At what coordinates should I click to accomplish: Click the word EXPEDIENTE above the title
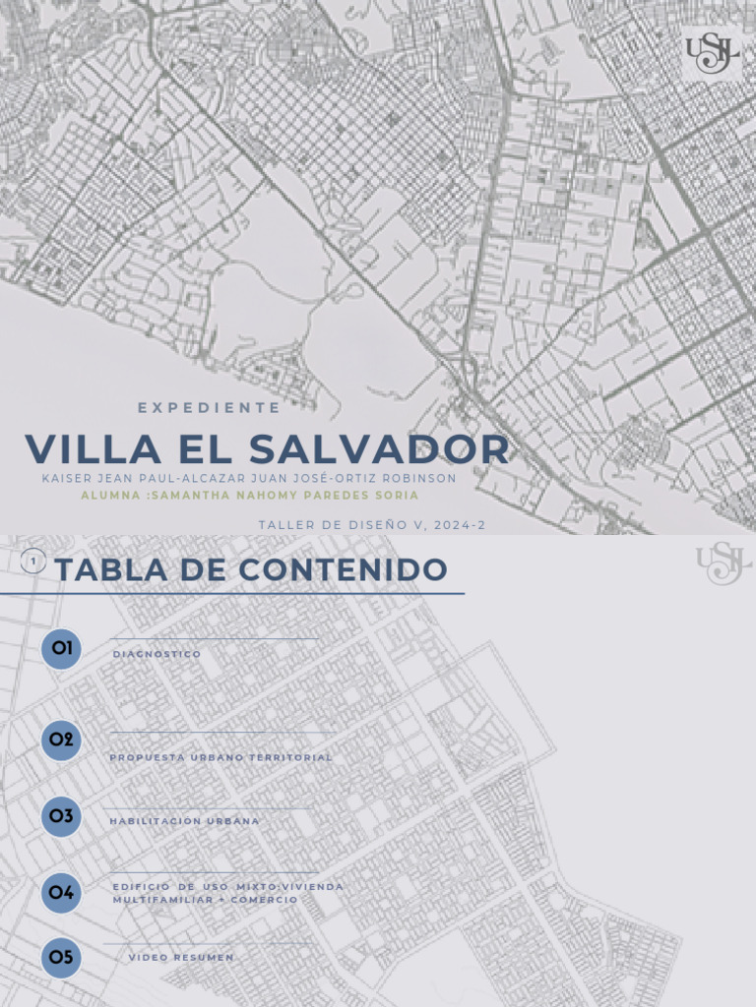[x=209, y=407]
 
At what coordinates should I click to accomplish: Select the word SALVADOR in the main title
[x=379, y=449]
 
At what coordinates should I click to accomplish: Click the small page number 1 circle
[x=34, y=562]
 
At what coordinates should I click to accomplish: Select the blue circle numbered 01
[x=61, y=649]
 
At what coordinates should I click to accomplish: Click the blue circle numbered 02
[x=61, y=740]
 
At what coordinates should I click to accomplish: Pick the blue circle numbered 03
[x=61, y=816]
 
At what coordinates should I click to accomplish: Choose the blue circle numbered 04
[x=61, y=893]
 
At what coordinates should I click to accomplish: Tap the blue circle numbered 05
[x=61, y=958]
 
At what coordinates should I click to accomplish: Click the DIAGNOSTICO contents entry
[x=157, y=654]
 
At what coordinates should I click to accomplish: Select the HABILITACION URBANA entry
[x=184, y=821]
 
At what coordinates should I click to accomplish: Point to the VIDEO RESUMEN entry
[x=181, y=957]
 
